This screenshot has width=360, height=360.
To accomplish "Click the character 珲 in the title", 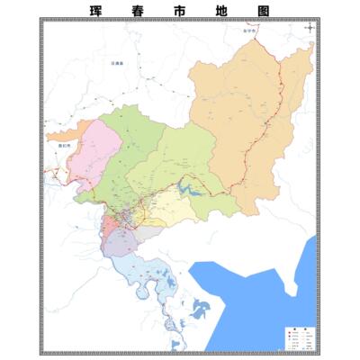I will tap(96, 12).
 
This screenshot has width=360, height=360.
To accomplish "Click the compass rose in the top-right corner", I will tap(310, 28).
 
